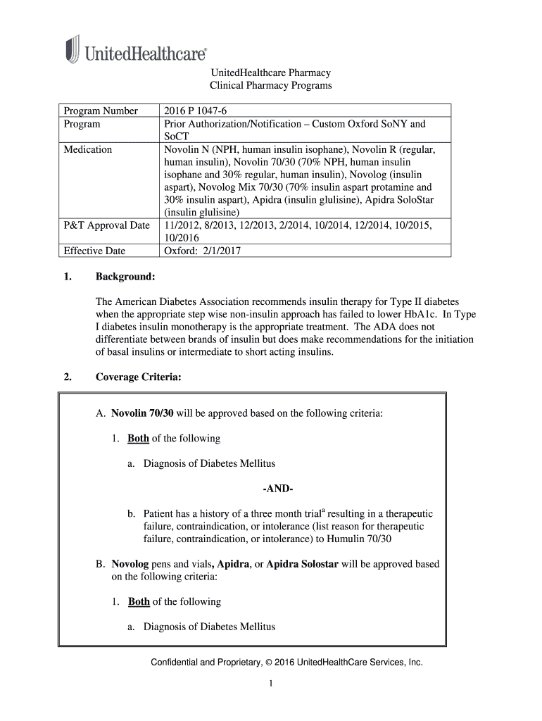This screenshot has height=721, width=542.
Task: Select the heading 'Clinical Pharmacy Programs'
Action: pyautogui.click(x=271, y=86)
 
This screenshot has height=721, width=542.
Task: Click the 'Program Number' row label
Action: pyautogui.click(x=92, y=111)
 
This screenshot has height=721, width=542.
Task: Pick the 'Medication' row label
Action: pyautogui.click(x=88, y=149)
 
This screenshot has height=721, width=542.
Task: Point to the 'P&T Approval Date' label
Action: pyautogui.click(x=106, y=225)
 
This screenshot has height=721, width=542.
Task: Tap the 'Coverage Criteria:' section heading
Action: pyautogui.click(x=139, y=377)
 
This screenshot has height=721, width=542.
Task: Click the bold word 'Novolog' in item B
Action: pyautogui.click(x=126, y=564)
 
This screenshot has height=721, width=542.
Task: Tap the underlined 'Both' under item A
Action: pyautogui.click(x=138, y=439)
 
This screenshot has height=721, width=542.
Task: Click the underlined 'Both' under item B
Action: pyautogui.click(x=139, y=602)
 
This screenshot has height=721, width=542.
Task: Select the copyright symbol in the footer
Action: pyautogui.click(x=269, y=663)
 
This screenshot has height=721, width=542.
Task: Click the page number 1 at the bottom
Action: pyautogui.click(x=270, y=684)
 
